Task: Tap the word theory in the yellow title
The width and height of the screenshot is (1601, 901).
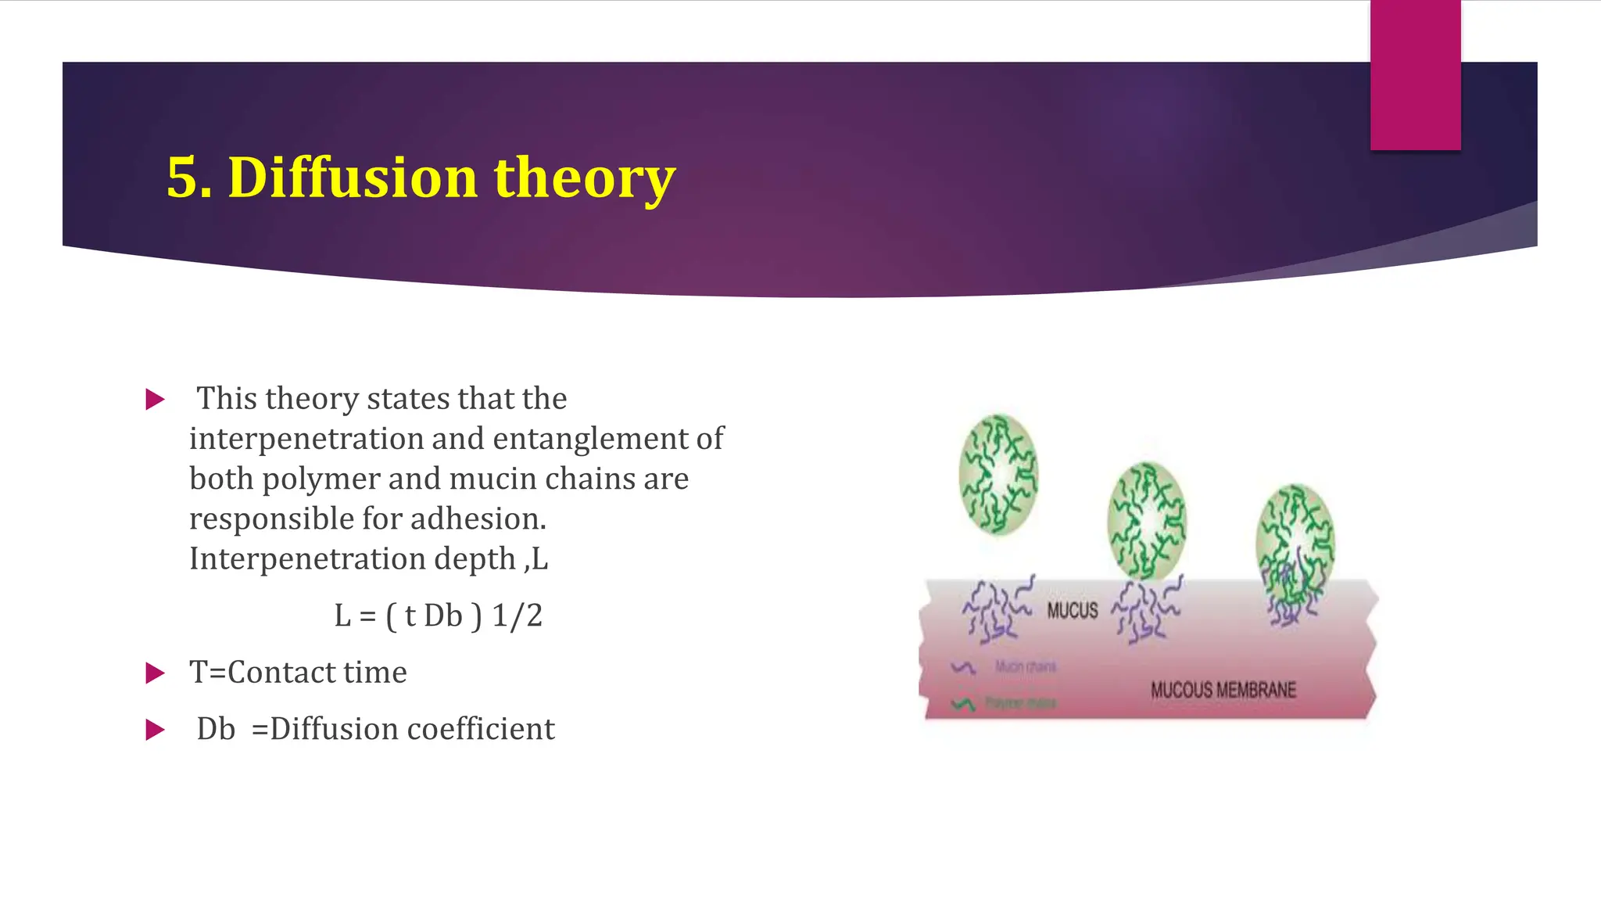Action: tap(584, 178)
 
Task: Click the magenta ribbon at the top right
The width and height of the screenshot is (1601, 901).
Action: tap(1415, 74)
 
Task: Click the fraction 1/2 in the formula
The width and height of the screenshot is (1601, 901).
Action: tap(517, 616)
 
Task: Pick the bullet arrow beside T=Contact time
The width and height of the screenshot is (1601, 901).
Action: tap(156, 673)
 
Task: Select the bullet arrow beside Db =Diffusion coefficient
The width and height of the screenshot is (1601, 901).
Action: tap(156, 730)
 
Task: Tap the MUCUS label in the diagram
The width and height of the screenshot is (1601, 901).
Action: tap(1072, 611)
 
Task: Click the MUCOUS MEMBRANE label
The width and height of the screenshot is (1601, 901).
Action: tap(1223, 690)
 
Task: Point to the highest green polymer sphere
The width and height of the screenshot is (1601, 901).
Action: tap(998, 475)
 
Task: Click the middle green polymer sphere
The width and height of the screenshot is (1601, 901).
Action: tap(1147, 520)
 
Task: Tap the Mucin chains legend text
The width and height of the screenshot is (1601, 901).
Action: tap(1025, 666)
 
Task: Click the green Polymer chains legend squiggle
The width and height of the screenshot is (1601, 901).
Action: tap(963, 704)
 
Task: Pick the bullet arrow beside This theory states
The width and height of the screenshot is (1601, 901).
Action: tap(156, 400)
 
